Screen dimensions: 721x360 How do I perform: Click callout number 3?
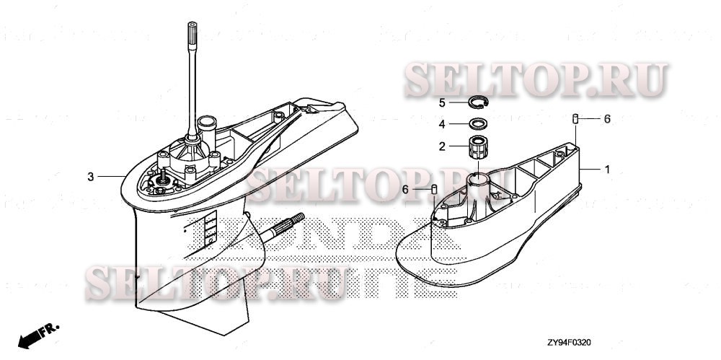point(90,176)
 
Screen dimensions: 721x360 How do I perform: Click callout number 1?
point(607,170)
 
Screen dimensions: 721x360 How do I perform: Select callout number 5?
point(443,102)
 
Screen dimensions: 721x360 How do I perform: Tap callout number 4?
point(443,123)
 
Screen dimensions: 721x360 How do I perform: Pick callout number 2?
point(443,146)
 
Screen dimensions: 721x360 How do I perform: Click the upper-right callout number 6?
point(607,118)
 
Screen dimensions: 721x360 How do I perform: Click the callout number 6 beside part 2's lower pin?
point(406,188)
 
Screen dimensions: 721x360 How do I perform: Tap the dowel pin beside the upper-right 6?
point(576,118)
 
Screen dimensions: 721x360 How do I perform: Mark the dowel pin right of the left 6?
point(435,189)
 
